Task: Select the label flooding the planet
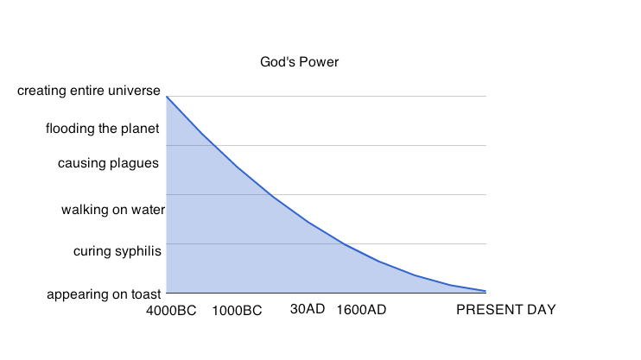click(103, 129)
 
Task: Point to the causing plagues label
click(108, 162)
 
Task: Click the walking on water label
click(113, 210)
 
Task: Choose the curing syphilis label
click(117, 251)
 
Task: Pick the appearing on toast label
click(104, 294)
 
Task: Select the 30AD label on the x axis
click(307, 308)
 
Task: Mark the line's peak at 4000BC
click(167, 96)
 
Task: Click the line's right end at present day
click(486, 291)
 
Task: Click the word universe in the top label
click(136, 91)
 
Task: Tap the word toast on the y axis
click(144, 294)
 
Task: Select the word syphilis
click(139, 251)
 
